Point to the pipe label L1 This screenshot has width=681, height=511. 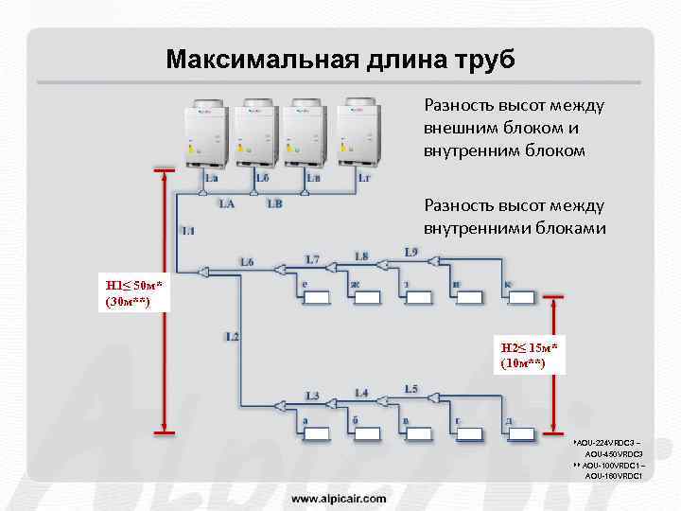tap(187, 230)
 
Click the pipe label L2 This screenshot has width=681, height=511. tap(233, 336)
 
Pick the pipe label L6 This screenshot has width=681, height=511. tap(247, 261)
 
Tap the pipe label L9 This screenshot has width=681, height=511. tap(410, 252)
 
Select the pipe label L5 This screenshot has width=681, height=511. tap(410, 389)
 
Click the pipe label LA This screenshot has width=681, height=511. tap(227, 203)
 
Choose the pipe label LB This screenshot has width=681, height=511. tap(274, 203)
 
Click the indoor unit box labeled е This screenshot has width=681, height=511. tap(315, 297)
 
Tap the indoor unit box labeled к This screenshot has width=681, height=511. tap(519, 297)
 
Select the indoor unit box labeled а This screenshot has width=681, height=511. tap(315, 434)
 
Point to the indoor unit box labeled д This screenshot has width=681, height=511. tap(519, 434)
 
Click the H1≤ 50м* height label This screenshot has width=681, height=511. tap(133, 293)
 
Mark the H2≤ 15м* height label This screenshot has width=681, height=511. tap(530, 356)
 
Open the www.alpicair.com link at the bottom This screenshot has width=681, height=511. tap(338, 498)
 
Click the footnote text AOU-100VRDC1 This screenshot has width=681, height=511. tap(613, 466)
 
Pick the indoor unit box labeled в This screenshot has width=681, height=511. tap(417, 434)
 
